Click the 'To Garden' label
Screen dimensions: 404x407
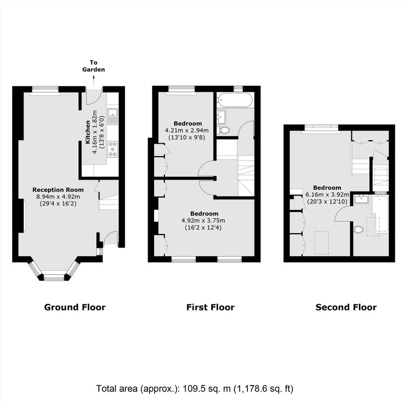(93, 66)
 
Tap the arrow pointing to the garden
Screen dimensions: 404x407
(93, 81)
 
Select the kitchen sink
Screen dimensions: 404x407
(112, 116)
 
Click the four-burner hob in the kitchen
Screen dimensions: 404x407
(112, 149)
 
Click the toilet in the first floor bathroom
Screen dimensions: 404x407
(224, 130)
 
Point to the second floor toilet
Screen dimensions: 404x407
(358, 229)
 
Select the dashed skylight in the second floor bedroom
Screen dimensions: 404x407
(321, 242)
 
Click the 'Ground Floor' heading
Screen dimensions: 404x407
(75, 307)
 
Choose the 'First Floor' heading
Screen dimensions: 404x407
(210, 307)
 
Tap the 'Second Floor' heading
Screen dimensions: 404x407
(346, 307)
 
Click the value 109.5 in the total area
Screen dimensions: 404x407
(192, 388)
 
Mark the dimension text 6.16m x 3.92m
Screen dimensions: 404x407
(327, 194)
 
